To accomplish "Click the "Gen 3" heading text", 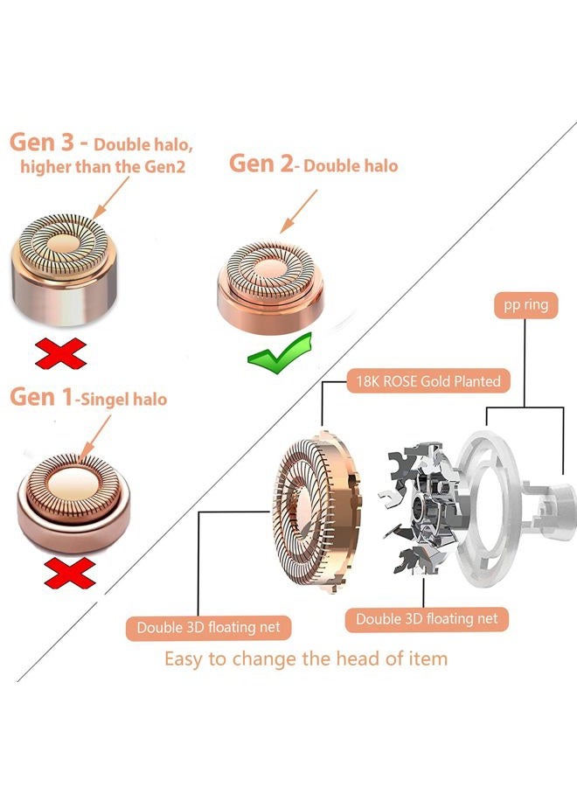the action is click(42, 143).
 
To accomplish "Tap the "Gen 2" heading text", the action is click(261, 164).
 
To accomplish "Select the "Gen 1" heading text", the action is click(42, 397).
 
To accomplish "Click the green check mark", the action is click(280, 353).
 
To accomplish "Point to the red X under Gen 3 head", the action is click(60, 353).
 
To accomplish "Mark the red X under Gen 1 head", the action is click(70, 573).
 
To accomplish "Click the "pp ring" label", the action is click(525, 305).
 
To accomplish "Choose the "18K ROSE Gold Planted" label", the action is click(428, 381).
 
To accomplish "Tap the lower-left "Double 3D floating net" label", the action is click(208, 627).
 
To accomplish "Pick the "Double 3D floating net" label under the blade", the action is click(427, 619).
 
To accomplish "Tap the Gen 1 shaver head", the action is click(73, 502).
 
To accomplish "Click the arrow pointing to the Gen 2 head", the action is click(298, 212).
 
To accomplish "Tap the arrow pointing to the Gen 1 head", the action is click(95, 436).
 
